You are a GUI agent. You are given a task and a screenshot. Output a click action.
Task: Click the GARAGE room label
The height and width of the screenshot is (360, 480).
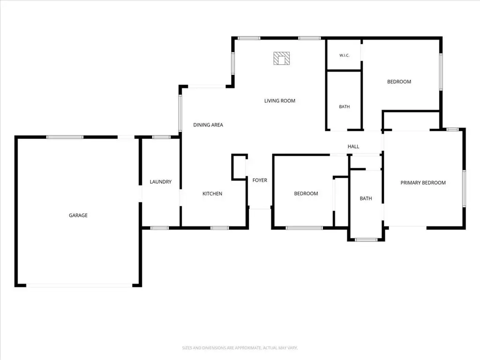click(78, 215)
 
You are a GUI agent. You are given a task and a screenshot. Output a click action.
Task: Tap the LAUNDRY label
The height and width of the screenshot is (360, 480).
click(161, 182)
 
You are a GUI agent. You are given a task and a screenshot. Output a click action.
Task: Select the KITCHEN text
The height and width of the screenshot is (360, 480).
click(212, 194)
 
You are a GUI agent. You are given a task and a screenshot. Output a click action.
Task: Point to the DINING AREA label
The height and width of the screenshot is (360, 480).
click(208, 125)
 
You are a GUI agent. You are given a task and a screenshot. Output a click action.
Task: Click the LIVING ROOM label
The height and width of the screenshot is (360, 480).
click(280, 101)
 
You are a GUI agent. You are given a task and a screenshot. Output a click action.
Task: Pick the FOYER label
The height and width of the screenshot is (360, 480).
click(260, 180)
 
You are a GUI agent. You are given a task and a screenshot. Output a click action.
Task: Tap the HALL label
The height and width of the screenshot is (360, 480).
click(353, 147)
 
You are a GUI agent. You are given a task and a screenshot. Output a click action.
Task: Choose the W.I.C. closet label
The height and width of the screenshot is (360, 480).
click(345, 55)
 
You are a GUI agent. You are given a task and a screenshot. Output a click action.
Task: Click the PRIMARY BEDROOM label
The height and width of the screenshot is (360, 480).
click(423, 183)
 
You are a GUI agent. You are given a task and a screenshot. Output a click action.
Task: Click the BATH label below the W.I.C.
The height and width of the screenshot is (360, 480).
click(345, 106)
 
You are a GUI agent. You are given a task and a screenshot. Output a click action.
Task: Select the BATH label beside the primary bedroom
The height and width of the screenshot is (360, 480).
click(366, 198)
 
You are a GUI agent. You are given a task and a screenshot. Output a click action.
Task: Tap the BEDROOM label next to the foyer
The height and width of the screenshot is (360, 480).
click(306, 194)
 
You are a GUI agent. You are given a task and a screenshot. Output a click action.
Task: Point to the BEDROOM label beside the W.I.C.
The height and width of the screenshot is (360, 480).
click(399, 82)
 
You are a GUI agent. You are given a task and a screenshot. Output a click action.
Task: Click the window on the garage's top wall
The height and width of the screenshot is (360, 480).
click(65, 137)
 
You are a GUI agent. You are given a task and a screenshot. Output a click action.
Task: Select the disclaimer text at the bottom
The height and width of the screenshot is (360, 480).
click(240, 348)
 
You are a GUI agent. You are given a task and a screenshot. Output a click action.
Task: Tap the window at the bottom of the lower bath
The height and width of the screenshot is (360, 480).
click(366, 240)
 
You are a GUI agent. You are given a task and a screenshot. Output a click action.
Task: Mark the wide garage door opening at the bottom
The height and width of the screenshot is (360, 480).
click(79, 285)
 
